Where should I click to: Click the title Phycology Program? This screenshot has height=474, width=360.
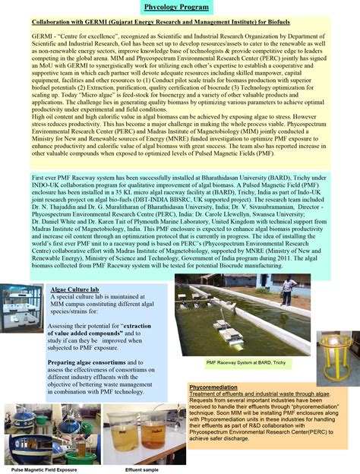(179, 8)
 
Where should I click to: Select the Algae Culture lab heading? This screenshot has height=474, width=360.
(74, 290)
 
